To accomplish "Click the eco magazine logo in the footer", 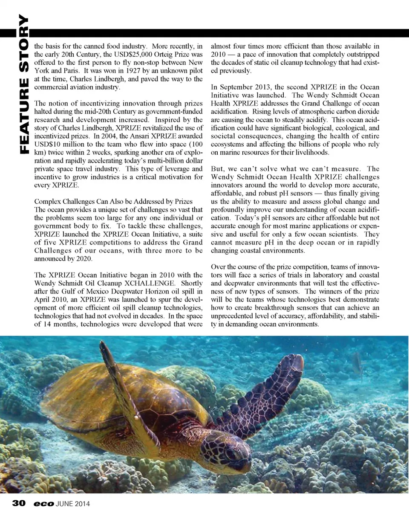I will click(x=44, y=504).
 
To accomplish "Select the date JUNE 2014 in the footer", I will click(x=73, y=504).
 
